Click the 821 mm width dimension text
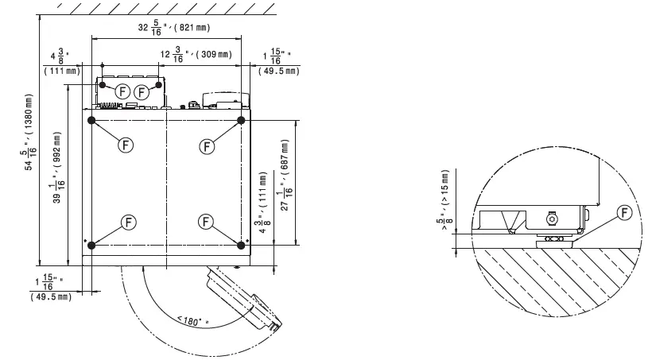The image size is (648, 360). [174, 27]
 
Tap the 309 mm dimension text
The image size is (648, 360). [196, 54]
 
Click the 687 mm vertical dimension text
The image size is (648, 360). [286, 175]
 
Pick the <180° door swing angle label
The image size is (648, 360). [193, 321]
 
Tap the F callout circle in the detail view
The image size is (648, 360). [624, 213]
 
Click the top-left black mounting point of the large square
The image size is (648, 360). [91, 120]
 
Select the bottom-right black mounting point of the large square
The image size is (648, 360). [241, 246]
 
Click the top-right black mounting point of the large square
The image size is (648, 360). [241, 120]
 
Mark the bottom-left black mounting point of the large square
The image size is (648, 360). [91, 246]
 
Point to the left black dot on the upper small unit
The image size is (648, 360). [103, 84]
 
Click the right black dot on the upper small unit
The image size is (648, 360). [158, 84]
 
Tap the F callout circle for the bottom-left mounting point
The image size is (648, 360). [129, 222]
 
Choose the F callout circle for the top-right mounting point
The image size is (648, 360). [207, 146]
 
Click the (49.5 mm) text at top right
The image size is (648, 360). [279, 71]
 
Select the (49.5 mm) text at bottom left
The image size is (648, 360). [51, 297]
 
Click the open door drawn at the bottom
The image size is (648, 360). [244, 299]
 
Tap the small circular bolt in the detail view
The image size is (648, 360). [551, 219]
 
